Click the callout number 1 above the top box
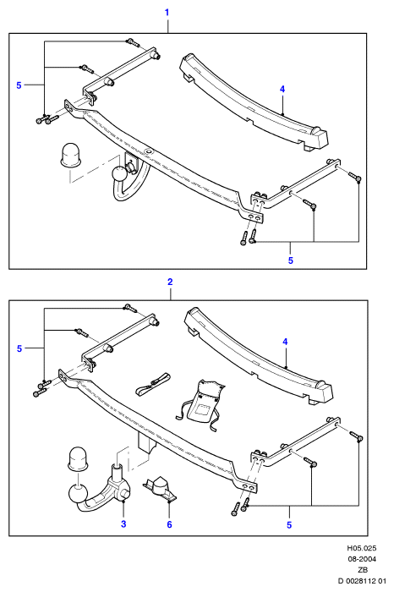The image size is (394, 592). pyautogui.click(x=167, y=13)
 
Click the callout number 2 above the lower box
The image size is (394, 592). pyautogui.click(x=170, y=282)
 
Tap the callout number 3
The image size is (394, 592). pyautogui.click(x=123, y=523)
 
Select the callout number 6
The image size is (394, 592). pyautogui.click(x=169, y=524)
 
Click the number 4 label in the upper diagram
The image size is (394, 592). pyautogui.click(x=282, y=89)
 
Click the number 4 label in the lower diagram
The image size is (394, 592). pyautogui.click(x=285, y=342)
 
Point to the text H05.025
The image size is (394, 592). pyautogui.click(x=362, y=548)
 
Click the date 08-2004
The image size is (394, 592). pyautogui.click(x=362, y=559)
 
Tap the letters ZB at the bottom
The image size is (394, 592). pyautogui.click(x=363, y=570)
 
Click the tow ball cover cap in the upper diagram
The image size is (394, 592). pyautogui.click(x=70, y=155)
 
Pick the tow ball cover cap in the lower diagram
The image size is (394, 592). pyautogui.click(x=78, y=459)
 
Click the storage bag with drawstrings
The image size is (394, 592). pyautogui.click(x=200, y=404)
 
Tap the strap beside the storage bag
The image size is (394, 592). pyautogui.click(x=152, y=385)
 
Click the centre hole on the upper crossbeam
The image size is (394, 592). pyautogui.click(x=148, y=151)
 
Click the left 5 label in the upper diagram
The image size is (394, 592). pyautogui.click(x=19, y=85)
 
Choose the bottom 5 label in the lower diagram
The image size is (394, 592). pyautogui.click(x=289, y=525)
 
